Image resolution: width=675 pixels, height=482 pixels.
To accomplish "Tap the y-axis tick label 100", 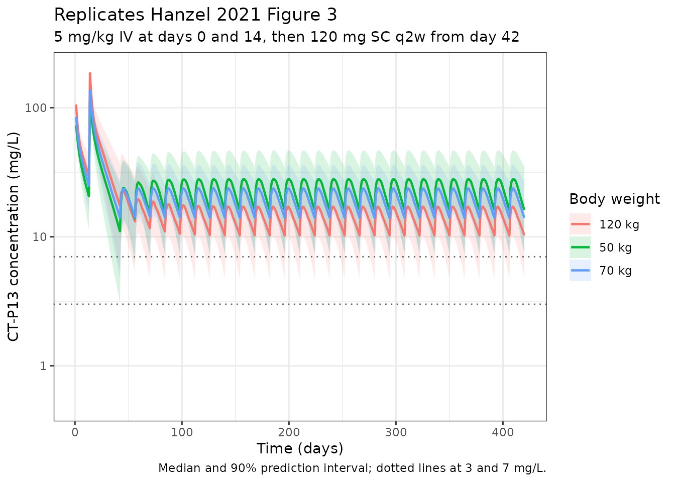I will (36, 108).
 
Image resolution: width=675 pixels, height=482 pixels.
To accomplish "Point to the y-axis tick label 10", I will (39, 237).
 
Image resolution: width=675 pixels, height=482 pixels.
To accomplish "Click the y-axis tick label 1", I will (43, 366).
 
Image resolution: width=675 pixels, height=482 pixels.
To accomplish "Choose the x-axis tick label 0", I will (75, 432).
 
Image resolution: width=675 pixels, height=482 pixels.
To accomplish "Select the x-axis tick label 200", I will (289, 432).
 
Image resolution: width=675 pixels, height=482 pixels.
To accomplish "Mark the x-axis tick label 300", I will (396, 432).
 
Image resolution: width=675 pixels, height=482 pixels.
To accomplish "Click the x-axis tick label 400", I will (503, 432).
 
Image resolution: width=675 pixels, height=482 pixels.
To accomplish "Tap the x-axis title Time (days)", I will (300, 448).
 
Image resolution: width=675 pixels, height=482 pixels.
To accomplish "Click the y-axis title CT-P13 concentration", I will (14, 236).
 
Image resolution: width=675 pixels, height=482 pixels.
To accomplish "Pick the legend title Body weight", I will (614, 199).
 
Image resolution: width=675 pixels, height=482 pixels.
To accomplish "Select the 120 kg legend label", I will (619, 224).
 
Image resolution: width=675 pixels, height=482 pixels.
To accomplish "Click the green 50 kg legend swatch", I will (580, 248).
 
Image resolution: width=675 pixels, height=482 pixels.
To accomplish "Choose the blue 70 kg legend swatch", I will (580, 271).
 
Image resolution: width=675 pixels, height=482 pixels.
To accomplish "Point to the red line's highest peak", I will (90, 73).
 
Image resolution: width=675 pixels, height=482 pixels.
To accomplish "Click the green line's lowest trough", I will (120, 231).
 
